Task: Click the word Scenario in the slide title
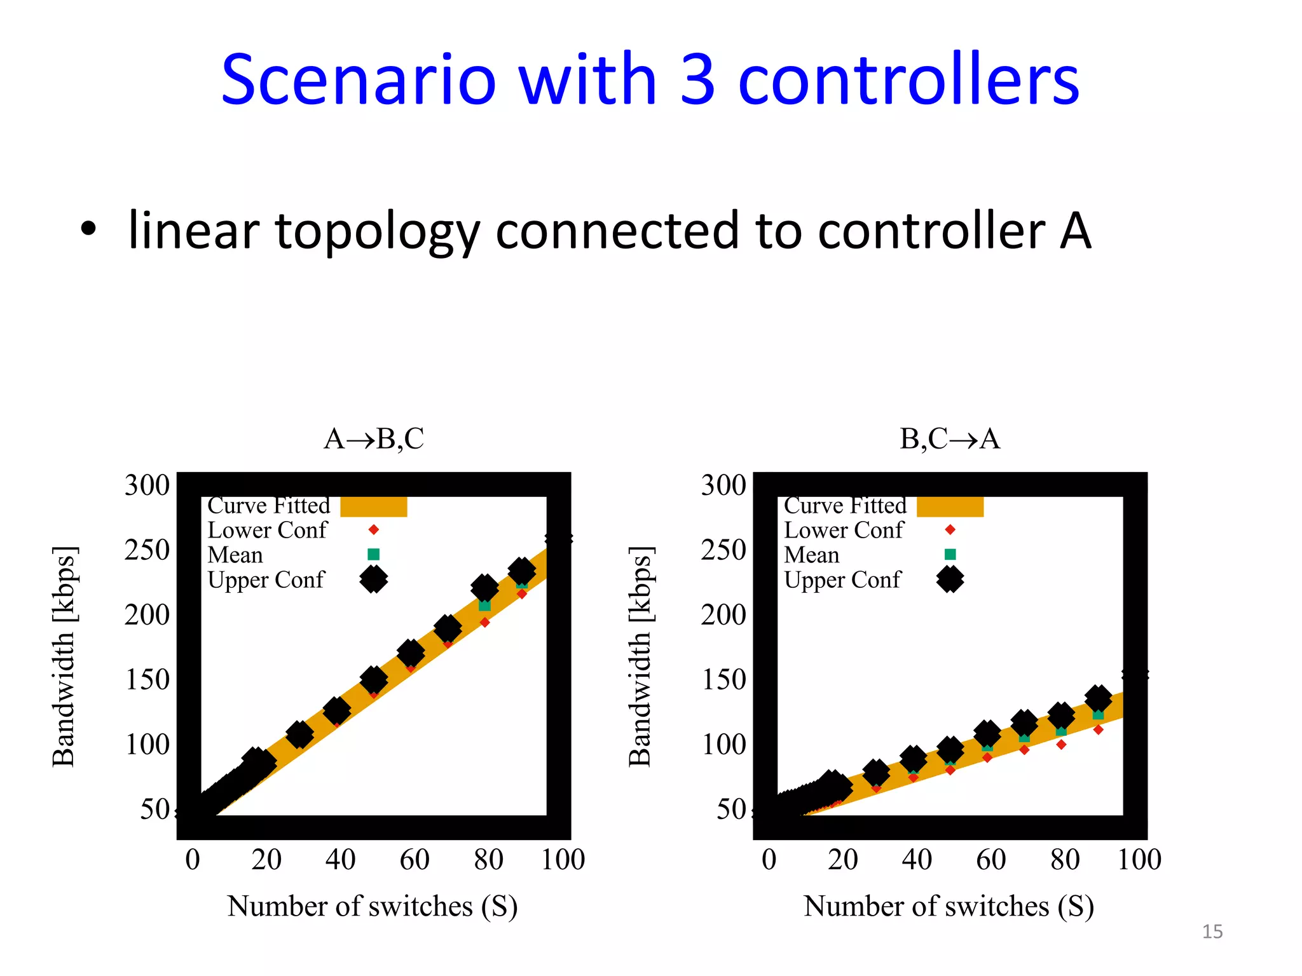click(358, 81)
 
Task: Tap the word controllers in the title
click(908, 81)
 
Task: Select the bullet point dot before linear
click(88, 229)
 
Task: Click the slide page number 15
click(1212, 932)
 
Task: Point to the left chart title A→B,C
click(374, 439)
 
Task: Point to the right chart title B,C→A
click(950, 439)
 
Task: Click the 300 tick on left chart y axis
click(147, 485)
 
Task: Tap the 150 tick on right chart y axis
click(723, 680)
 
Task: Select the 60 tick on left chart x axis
click(415, 860)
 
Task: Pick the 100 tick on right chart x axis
click(1139, 860)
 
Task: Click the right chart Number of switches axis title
click(949, 906)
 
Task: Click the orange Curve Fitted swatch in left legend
click(374, 506)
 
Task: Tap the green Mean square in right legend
click(950, 554)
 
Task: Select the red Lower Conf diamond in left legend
click(374, 530)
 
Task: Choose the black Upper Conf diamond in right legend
click(950, 579)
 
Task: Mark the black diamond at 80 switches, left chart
click(484, 588)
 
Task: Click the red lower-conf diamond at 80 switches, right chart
click(1061, 744)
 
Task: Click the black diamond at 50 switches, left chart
click(374, 680)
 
